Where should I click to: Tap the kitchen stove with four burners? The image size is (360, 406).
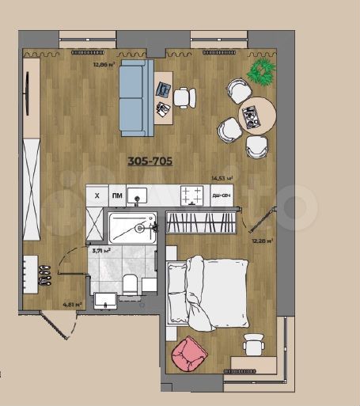click(191, 194)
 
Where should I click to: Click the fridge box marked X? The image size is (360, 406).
click(97, 195)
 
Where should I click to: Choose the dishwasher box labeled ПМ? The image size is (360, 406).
click(116, 195)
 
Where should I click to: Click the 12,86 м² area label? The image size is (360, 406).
click(104, 65)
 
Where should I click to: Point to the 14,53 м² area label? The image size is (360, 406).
click(221, 179)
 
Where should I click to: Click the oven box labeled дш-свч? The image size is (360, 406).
click(222, 195)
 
